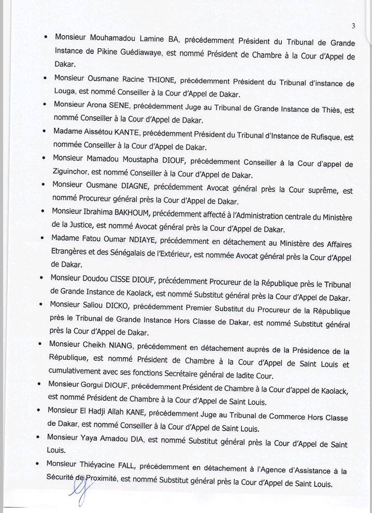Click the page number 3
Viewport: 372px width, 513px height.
(x=352, y=26)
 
